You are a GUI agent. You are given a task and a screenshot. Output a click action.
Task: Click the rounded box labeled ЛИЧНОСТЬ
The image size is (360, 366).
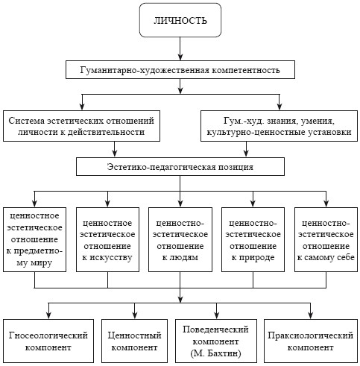pos(180,20)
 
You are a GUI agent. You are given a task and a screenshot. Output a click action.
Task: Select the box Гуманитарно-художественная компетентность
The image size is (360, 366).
pos(180,69)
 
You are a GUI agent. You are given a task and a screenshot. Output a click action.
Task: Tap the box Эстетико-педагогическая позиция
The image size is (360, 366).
pos(180,166)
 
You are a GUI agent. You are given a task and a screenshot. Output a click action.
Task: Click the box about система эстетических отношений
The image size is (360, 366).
pos(81,126)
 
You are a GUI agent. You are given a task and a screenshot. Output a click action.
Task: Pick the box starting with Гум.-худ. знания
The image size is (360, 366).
pos(279,126)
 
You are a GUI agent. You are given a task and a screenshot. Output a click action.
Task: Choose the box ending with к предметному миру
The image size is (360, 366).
pos(34,239)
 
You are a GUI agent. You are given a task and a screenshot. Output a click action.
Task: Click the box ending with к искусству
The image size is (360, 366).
pos(107,239)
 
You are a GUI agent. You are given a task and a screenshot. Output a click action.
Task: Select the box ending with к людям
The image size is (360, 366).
pos(180,239)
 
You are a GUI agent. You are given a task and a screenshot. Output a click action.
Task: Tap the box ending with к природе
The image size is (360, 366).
pos(253,239)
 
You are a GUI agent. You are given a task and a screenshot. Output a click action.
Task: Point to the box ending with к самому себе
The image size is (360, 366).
pos(326,239)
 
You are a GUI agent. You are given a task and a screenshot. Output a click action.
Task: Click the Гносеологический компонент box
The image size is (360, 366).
pos(48,341)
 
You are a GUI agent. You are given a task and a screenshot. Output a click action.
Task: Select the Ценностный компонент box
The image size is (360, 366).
pos(134,341)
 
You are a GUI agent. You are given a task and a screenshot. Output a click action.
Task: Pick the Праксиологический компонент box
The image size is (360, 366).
pos(311,341)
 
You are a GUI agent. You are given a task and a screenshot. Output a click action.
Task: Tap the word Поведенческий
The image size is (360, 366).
pos(215,329)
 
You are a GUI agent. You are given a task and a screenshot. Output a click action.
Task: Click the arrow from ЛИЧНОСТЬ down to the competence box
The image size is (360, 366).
pos(180,48)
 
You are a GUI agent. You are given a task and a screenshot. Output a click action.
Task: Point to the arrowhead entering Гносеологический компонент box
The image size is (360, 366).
pos(49,315)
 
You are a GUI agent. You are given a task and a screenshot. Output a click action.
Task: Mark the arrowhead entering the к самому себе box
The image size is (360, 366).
pos(326,203)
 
